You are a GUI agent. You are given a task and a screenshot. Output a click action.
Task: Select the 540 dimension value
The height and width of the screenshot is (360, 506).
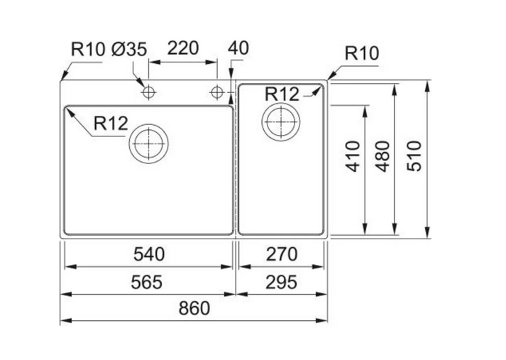coord(148,253)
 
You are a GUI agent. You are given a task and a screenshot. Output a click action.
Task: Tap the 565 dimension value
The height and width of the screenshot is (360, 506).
coord(148,281)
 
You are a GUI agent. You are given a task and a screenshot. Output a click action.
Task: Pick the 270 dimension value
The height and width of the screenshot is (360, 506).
coord(282,253)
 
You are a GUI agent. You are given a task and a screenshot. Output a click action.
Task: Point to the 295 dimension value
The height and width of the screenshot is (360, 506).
coord(282,281)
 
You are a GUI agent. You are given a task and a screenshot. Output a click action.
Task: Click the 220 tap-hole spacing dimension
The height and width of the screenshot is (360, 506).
coord(182,50)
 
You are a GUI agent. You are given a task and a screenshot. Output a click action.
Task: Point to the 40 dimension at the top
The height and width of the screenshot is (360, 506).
coord(239,50)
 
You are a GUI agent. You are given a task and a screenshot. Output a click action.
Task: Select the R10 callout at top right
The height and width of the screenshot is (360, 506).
coord(362,53)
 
